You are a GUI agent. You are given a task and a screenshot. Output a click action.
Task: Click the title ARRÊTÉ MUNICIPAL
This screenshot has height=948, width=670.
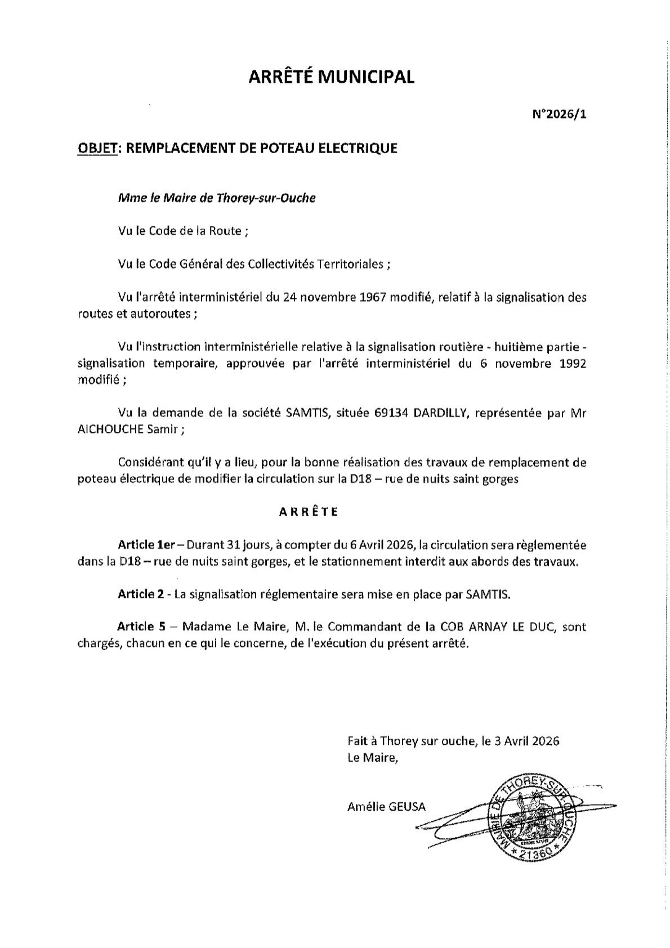332,77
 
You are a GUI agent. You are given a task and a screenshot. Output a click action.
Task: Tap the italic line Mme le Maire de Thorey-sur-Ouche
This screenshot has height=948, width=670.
217,198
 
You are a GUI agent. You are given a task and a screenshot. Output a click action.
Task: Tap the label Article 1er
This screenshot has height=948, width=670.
147,545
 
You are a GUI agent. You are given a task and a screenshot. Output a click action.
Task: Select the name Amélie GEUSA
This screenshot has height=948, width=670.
386,807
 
